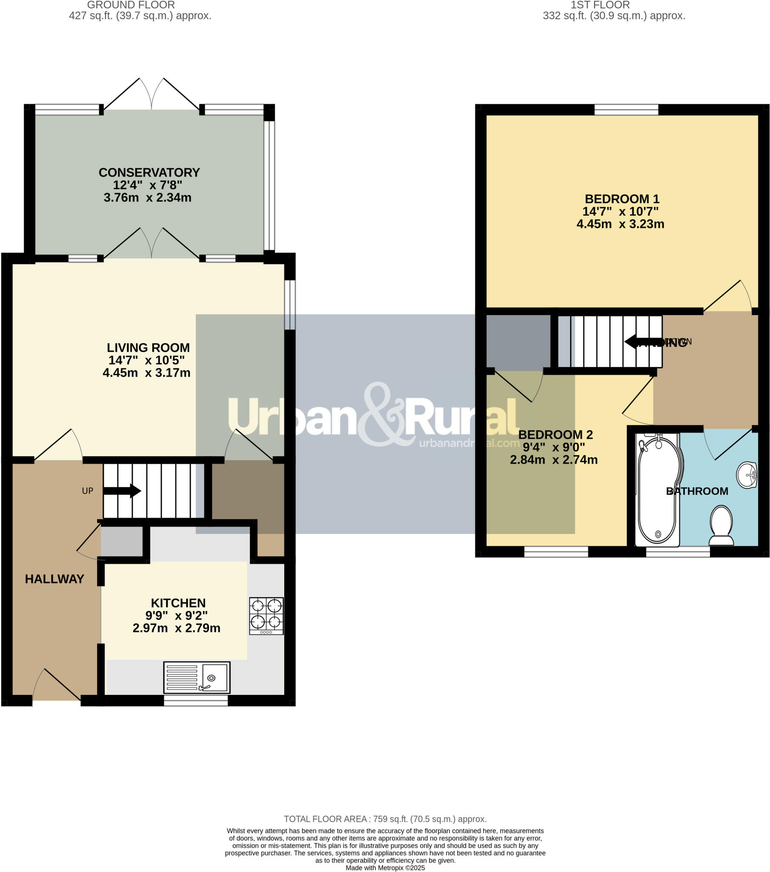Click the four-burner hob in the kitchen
click(266, 616)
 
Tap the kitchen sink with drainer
click(197, 677)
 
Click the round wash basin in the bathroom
click(747, 474)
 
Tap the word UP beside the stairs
click(87, 490)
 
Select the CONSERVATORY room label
click(149, 172)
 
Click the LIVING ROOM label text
click(148, 347)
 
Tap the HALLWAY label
click(54, 579)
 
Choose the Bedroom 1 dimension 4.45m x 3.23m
click(620, 224)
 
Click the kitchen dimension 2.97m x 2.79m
click(176, 628)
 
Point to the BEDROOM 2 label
click(555, 434)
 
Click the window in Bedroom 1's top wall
click(626, 110)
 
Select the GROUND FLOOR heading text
click(131, 5)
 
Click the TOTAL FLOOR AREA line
click(385, 819)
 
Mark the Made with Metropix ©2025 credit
click(385, 868)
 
